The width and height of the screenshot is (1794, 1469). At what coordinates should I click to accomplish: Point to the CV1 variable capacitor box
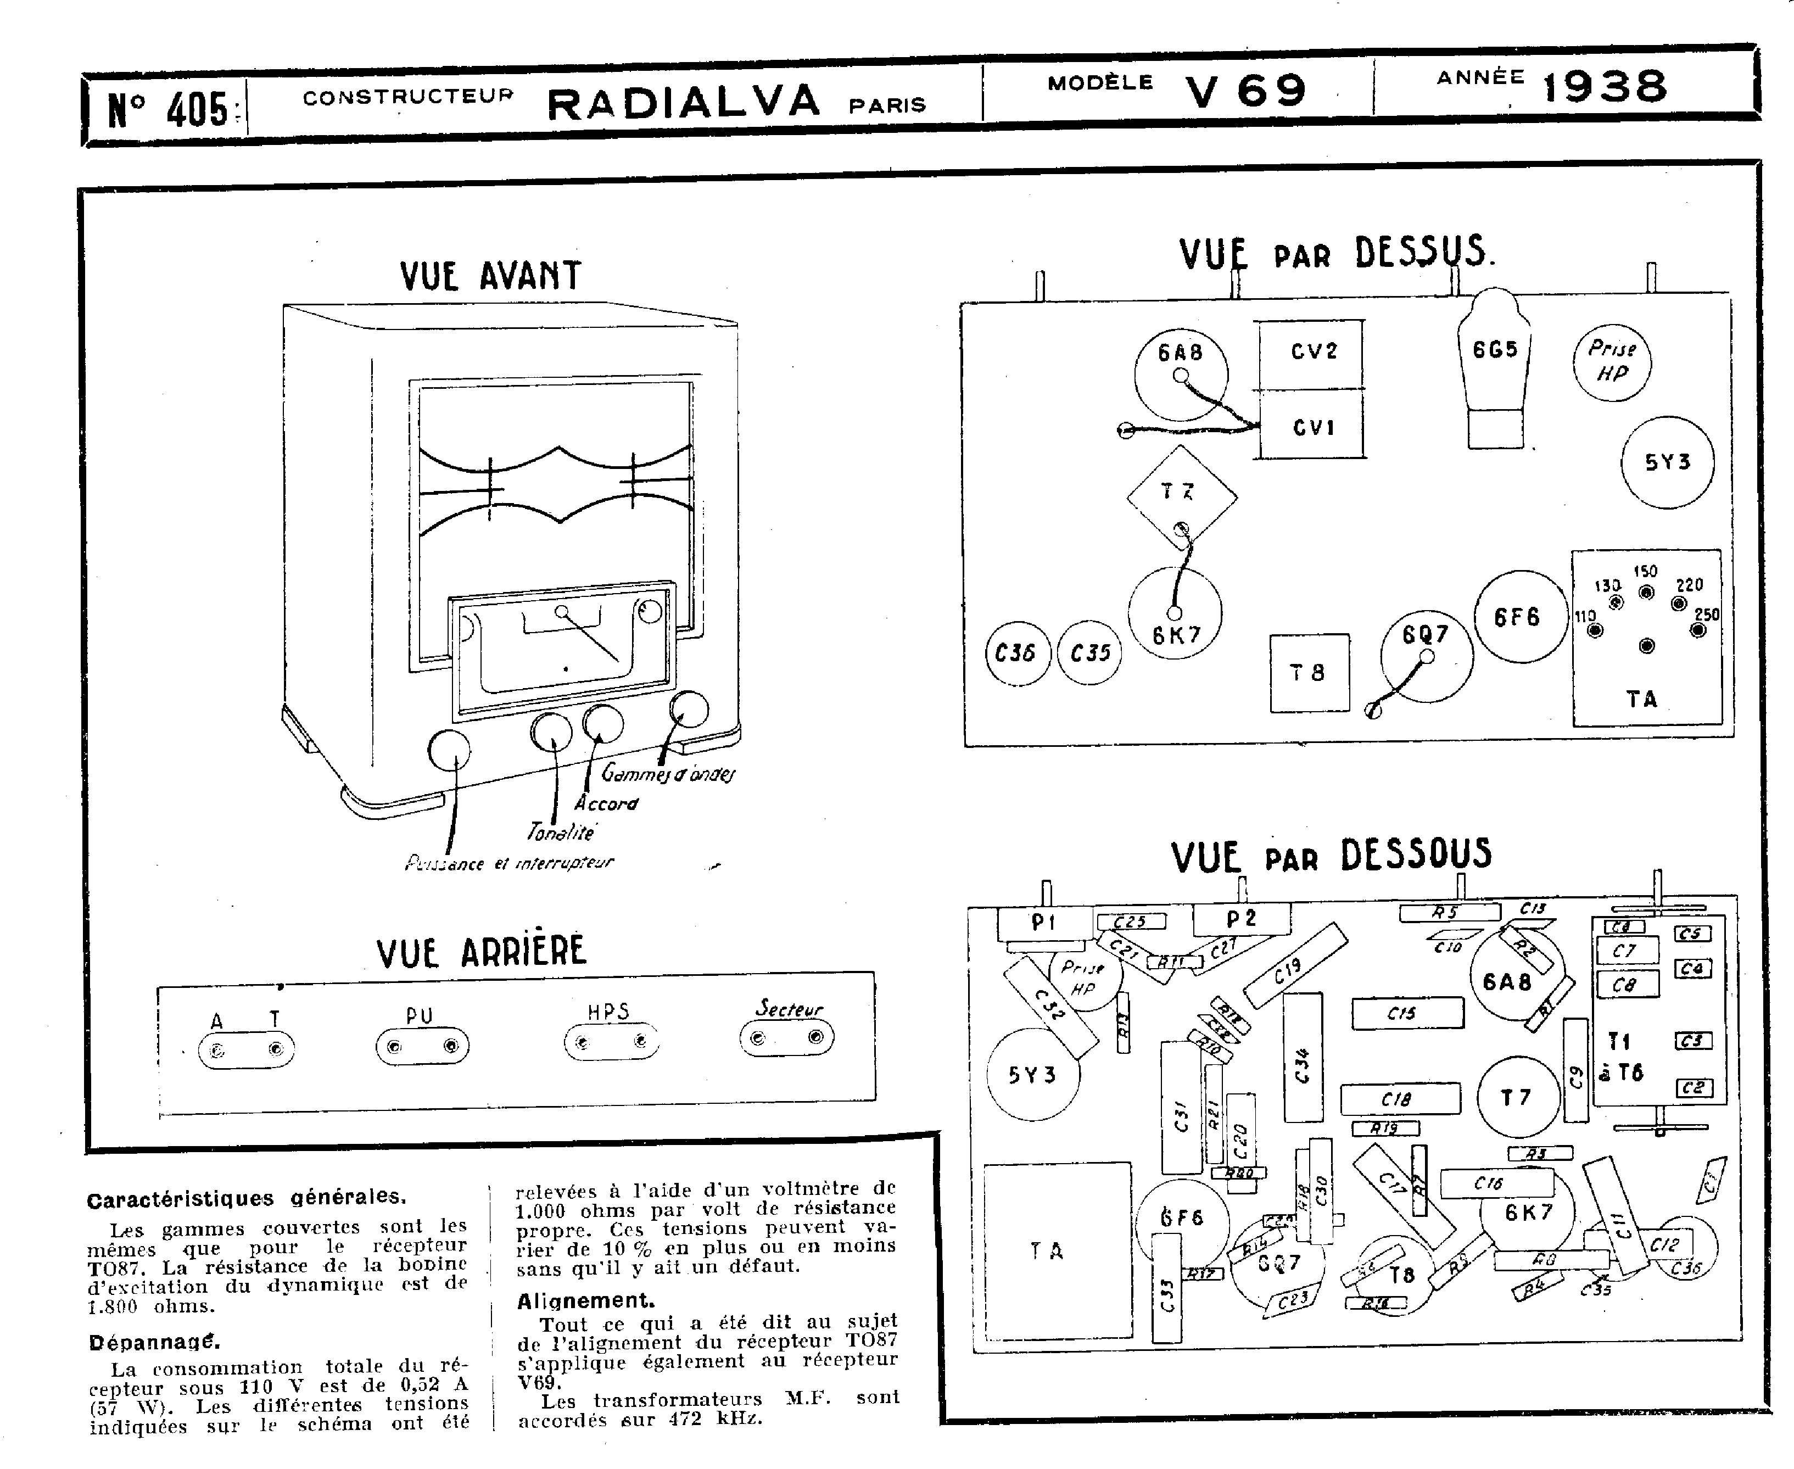click(x=1312, y=427)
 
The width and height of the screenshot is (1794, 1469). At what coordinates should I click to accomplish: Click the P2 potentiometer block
click(x=1242, y=919)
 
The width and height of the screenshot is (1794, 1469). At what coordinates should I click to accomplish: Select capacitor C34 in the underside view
click(x=1303, y=1058)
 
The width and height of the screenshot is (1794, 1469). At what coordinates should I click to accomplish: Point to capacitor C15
click(x=1407, y=1013)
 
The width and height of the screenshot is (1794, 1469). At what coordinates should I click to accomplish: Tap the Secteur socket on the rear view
click(x=786, y=1037)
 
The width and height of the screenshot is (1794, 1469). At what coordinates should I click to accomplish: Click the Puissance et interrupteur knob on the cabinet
click(x=449, y=750)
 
